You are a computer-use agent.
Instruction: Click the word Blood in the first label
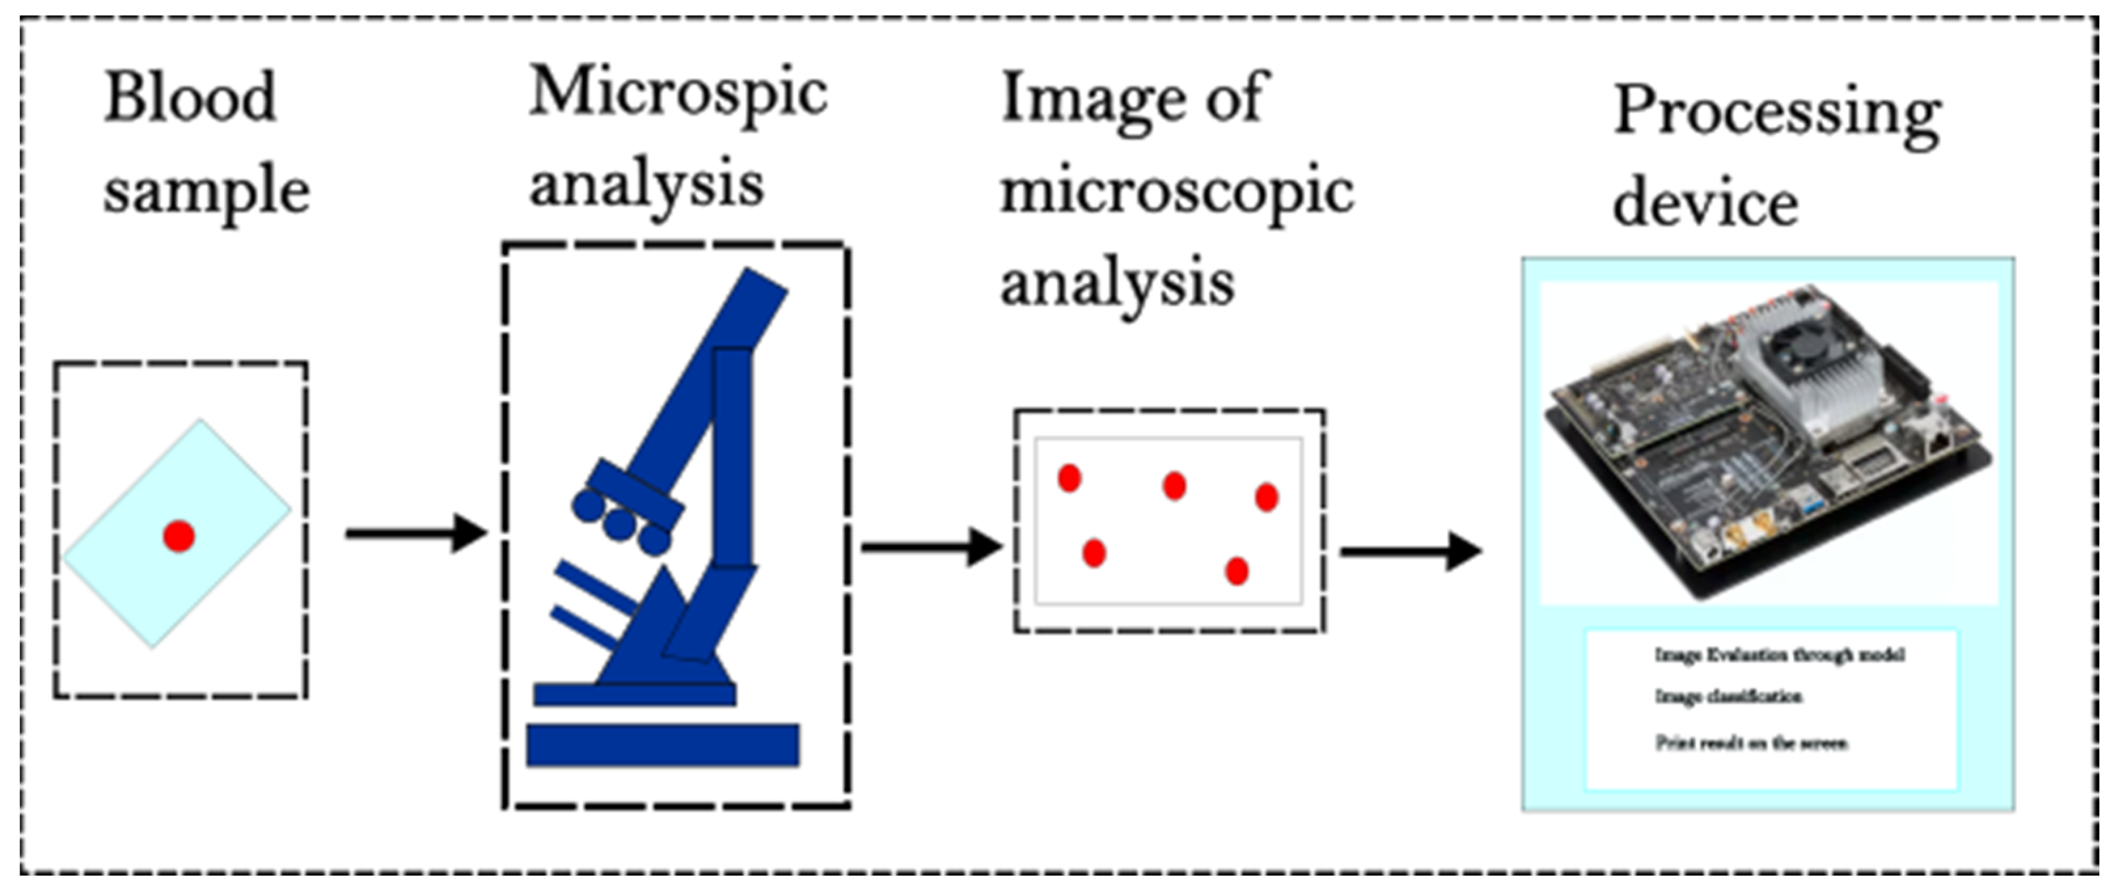point(190,99)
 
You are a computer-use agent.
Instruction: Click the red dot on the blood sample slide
point(179,536)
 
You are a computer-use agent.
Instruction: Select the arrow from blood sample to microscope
point(416,534)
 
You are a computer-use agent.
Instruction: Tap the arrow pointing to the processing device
point(1410,552)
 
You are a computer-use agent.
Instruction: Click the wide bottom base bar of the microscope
point(662,745)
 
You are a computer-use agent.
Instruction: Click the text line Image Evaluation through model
point(1779,655)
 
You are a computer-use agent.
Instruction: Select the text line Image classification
point(1728,697)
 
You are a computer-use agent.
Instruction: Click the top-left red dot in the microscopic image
point(1068,478)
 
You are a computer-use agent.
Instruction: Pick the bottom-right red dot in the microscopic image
point(1237,571)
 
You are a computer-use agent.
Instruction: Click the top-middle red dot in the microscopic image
point(1174,485)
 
